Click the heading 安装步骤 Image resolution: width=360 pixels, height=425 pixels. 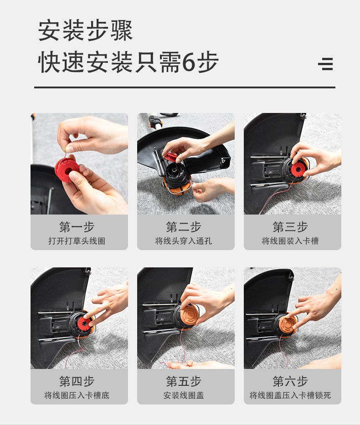[85, 31]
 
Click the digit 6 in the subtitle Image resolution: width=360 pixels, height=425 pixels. [189, 62]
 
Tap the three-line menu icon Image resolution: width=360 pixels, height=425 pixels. [325, 64]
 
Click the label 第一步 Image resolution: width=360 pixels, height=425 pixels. [77, 227]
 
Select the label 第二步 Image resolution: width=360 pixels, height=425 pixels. [184, 227]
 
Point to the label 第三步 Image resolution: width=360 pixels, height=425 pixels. [290, 227]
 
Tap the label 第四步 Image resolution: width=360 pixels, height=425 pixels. [77, 381]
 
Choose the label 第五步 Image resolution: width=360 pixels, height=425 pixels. [184, 381]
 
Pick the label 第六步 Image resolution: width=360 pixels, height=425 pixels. [290, 381]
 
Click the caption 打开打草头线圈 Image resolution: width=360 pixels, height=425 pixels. [77, 241]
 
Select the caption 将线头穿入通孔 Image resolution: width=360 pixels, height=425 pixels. [184, 241]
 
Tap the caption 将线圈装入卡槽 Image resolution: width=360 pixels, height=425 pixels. [290, 241]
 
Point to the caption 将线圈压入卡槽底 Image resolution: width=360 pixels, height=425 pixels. [77, 395]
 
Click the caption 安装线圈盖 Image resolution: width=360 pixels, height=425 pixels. [184, 395]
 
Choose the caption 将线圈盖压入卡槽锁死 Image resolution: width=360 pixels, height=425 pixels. [290, 395]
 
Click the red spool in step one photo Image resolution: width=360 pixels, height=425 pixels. [67, 170]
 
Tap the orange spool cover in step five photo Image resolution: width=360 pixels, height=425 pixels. [189, 315]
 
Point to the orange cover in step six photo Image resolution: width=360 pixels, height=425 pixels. [288, 323]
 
